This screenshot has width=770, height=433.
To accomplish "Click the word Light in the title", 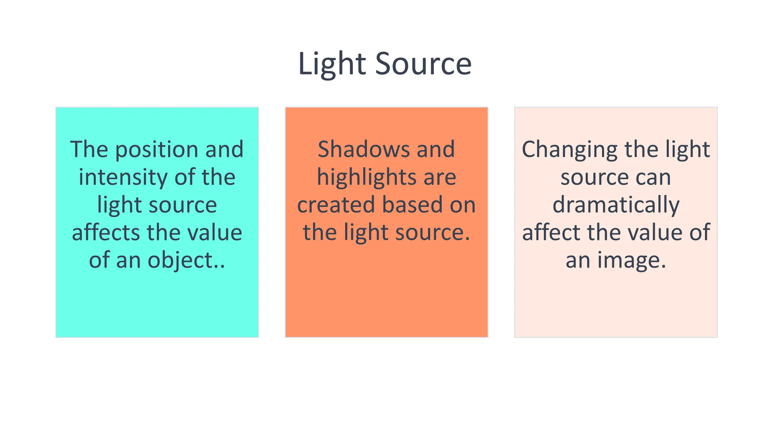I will [332, 64].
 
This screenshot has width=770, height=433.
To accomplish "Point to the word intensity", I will [123, 177].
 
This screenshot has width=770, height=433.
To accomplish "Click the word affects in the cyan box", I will [106, 232].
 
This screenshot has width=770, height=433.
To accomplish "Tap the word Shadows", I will [364, 149].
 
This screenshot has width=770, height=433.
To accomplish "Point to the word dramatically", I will [616, 205].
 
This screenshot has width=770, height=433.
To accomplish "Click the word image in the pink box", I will [632, 260].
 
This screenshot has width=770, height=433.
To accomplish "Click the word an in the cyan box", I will [128, 260].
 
